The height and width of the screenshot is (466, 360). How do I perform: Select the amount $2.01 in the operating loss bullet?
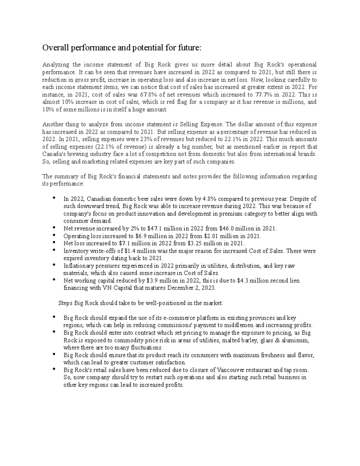click(x=211, y=236)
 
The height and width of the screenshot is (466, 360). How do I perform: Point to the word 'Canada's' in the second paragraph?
click(x=53, y=154)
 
